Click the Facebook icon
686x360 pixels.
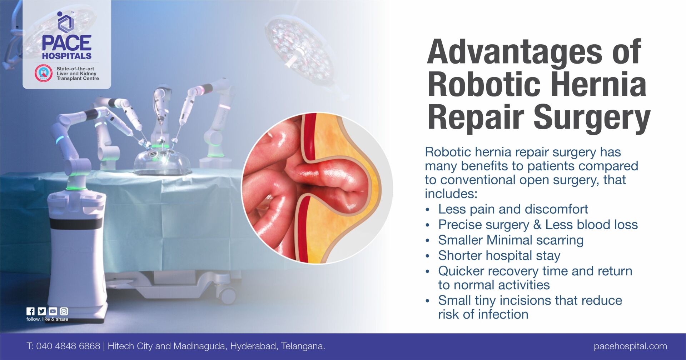30,311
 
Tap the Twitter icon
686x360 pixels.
41,311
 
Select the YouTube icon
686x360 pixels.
53,311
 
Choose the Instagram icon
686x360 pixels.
64,311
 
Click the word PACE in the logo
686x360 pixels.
66,43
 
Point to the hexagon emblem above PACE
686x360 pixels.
66,22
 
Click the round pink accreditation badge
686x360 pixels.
43,73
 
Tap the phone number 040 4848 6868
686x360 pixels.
68,346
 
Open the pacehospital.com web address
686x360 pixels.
630,346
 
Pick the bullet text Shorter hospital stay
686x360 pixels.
499,255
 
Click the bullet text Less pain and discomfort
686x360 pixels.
513,209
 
